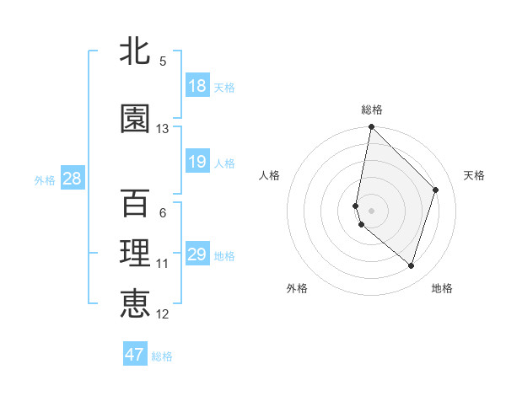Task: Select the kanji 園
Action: [135, 119]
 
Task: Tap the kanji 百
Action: [135, 204]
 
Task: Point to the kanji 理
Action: [135, 254]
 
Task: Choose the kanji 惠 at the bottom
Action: [135, 302]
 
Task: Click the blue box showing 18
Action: [197, 86]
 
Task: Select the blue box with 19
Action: [197, 162]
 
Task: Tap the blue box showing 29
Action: [197, 254]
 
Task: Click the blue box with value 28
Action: [71, 179]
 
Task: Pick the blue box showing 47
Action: [135, 355]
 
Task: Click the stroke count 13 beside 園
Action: [163, 129]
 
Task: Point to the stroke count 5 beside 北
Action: [163, 62]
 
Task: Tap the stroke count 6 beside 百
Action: [163, 213]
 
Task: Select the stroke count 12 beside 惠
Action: [163, 314]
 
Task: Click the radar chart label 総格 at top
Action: [371, 110]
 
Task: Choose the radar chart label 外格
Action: [297, 288]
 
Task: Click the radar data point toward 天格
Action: [436, 190]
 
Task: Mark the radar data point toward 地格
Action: [411, 265]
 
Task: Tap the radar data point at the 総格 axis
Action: [371, 127]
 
